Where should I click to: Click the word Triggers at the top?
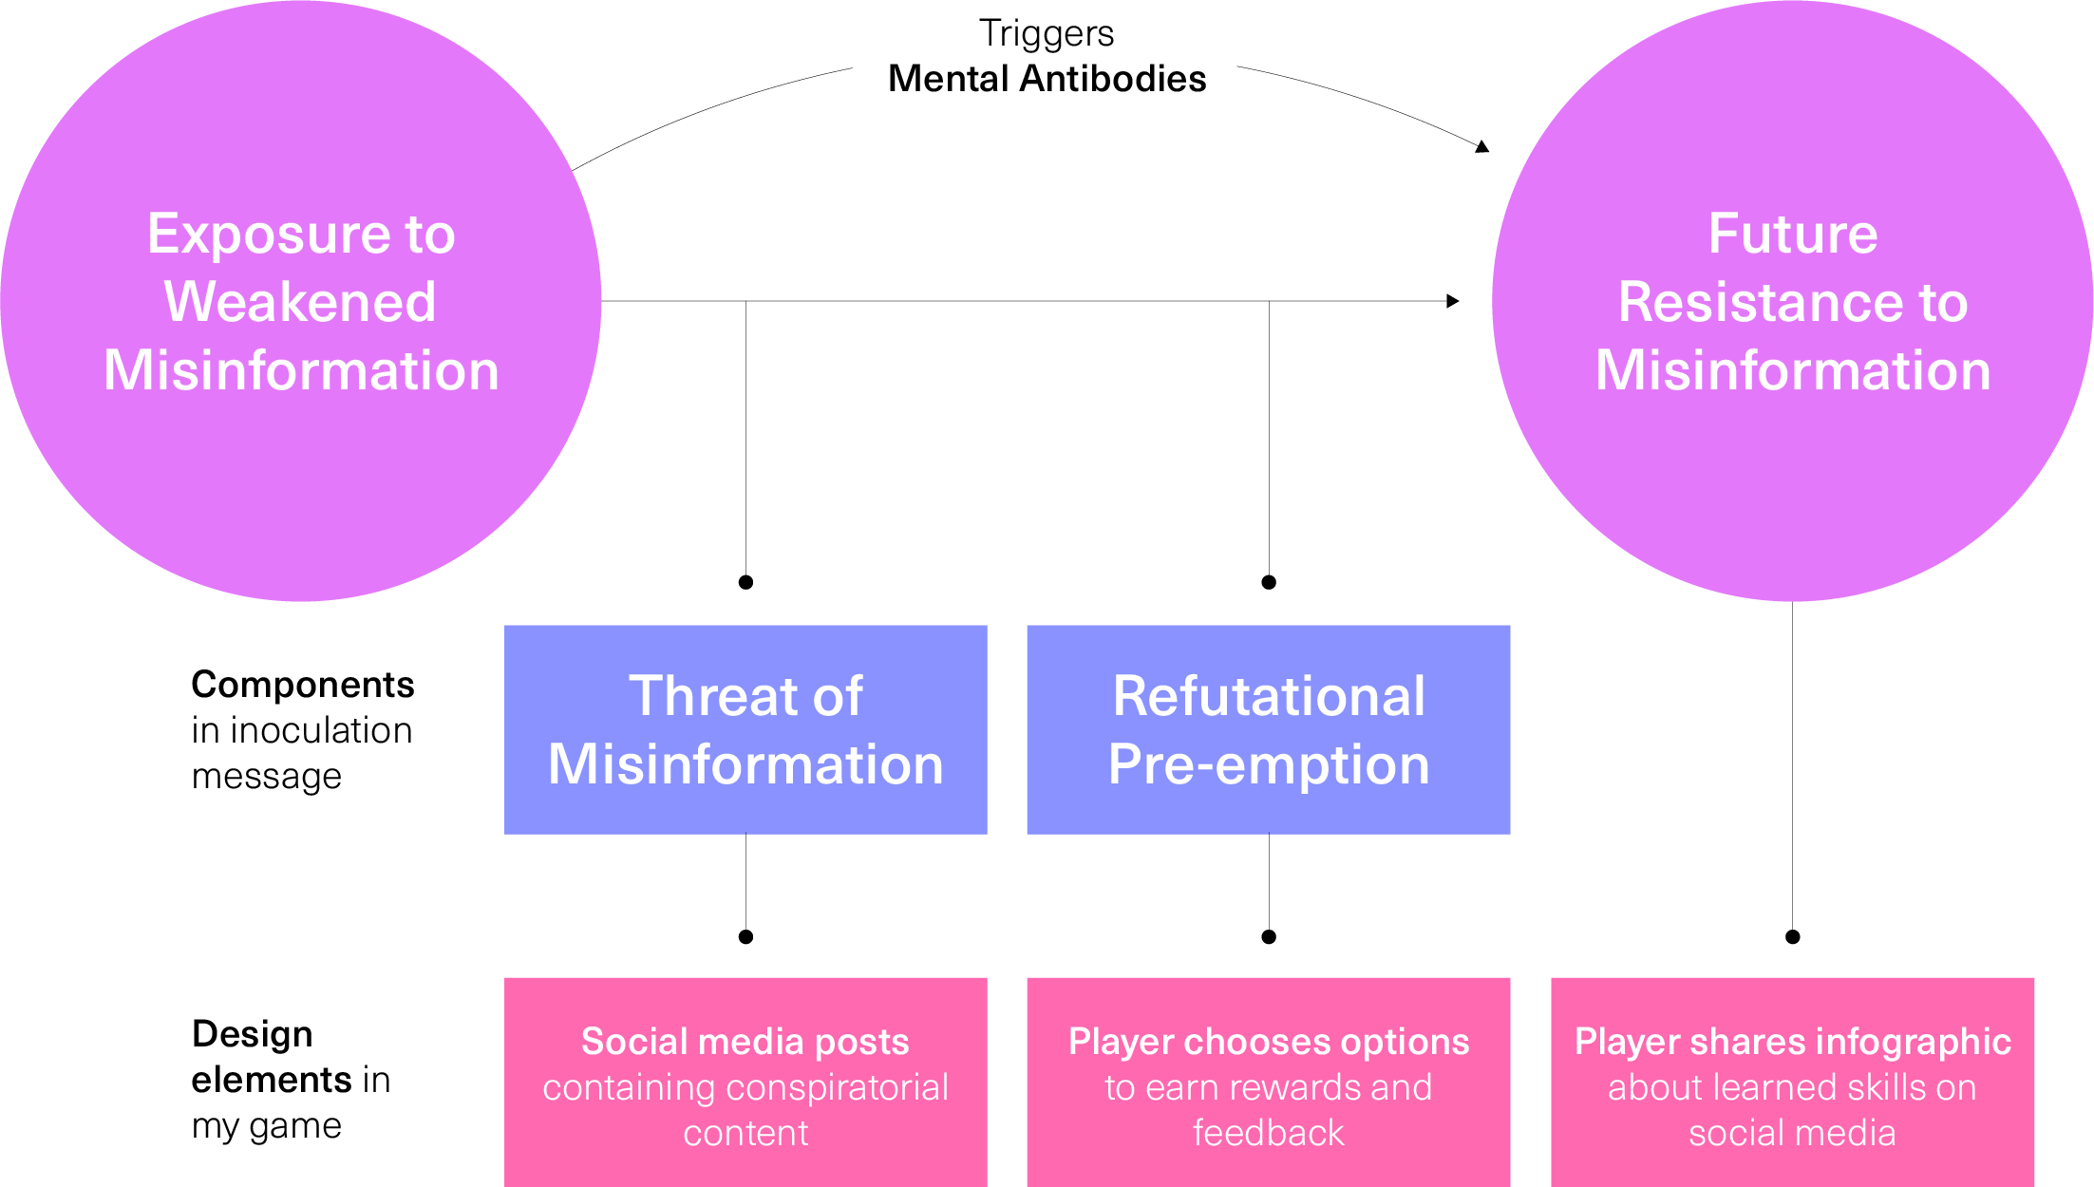click(x=1046, y=33)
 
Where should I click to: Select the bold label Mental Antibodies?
click(x=1047, y=79)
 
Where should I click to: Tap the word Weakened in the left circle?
click(x=300, y=302)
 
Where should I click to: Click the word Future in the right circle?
click(x=1792, y=234)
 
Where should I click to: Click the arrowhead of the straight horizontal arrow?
click(x=1453, y=301)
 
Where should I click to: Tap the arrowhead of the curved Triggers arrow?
click(x=1482, y=146)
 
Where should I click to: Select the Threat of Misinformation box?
click(x=745, y=729)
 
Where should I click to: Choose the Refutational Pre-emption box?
click(x=1268, y=729)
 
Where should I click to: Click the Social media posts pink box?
click(x=745, y=1082)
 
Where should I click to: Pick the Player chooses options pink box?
click(x=1268, y=1082)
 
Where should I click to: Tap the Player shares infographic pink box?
click(x=1792, y=1082)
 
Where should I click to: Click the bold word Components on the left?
click(x=302, y=685)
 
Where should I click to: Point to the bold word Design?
click(x=252, y=1034)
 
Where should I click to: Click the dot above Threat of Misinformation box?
click(x=745, y=582)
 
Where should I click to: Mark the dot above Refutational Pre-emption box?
click(x=1269, y=582)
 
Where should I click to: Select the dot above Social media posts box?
click(x=745, y=937)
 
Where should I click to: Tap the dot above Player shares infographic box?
click(x=1792, y=937)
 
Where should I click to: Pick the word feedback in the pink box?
click(x=1268, y=1133)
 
